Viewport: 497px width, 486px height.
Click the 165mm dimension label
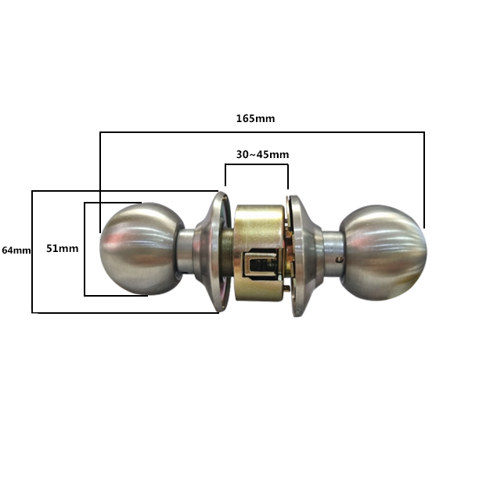click(x=255, y=119)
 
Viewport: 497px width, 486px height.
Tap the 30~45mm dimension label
click(x=262, y=154)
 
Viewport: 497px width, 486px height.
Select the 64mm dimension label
click(x=16, y=250)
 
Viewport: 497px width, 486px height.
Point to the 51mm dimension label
click(x=62, y=248)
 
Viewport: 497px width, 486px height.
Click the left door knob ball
click(x=141, y=249)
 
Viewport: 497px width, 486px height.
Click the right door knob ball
click(x=383, y=253)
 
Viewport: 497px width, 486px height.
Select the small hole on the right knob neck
click(x=340, y=260)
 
